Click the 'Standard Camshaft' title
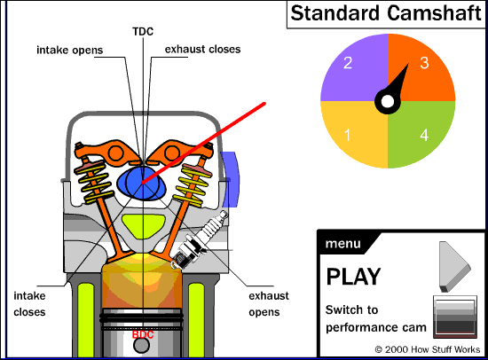click(386, 13)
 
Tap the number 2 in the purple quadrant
click(348, 63)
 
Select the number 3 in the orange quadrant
click(424, 63)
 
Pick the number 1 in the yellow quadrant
click(347, 135)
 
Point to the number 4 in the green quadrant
click(424, 135)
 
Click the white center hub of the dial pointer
click(388, 101)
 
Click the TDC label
click(143, 31)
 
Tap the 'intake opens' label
click(70, 50)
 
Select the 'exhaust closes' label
click(202, 49)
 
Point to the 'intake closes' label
click(29, 303)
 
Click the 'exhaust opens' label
click(269, 303)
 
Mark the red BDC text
click(143, 334)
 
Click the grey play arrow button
click(453, 267)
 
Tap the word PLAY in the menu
click(353, 277)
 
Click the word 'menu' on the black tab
click(343, 243)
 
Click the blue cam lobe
click(142, 183)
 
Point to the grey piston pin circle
click(141, 345)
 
